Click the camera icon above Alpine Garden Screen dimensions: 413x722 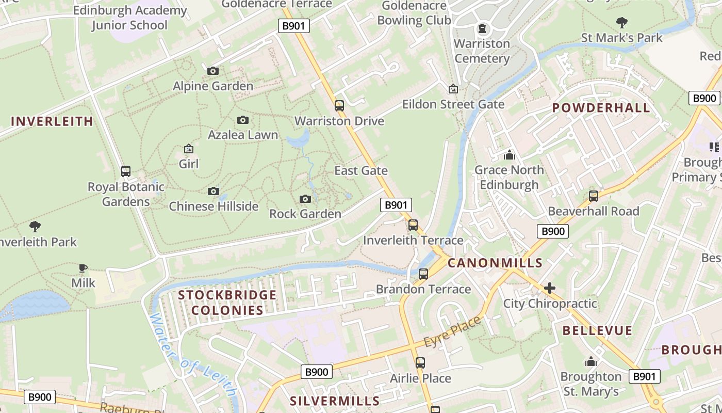click(213, 71)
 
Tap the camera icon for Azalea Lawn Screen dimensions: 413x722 click(243, 120)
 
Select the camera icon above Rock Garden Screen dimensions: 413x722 click(305, 199)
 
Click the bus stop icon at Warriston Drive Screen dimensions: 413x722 click(339, 106)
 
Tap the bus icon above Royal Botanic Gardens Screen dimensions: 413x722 click(126, 171)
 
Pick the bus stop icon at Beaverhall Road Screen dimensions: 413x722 click(594, 196)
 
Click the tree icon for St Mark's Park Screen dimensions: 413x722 click(622, 23)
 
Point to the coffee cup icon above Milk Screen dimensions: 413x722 click(83, 268)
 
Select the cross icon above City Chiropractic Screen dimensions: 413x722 click(550, 288)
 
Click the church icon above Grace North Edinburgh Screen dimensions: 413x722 click(510, 155)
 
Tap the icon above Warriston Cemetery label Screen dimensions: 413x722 click(482, 28)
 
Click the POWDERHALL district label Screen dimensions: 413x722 click(601, 108)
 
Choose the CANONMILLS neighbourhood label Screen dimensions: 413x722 click(495, 263)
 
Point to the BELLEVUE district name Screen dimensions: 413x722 click(597, 331)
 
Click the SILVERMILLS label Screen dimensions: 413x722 click(335, 401)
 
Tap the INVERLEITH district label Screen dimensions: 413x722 click(52, 121)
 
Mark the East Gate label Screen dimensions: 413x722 click(361, 170)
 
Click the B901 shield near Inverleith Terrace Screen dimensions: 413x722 click(397, 205)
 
